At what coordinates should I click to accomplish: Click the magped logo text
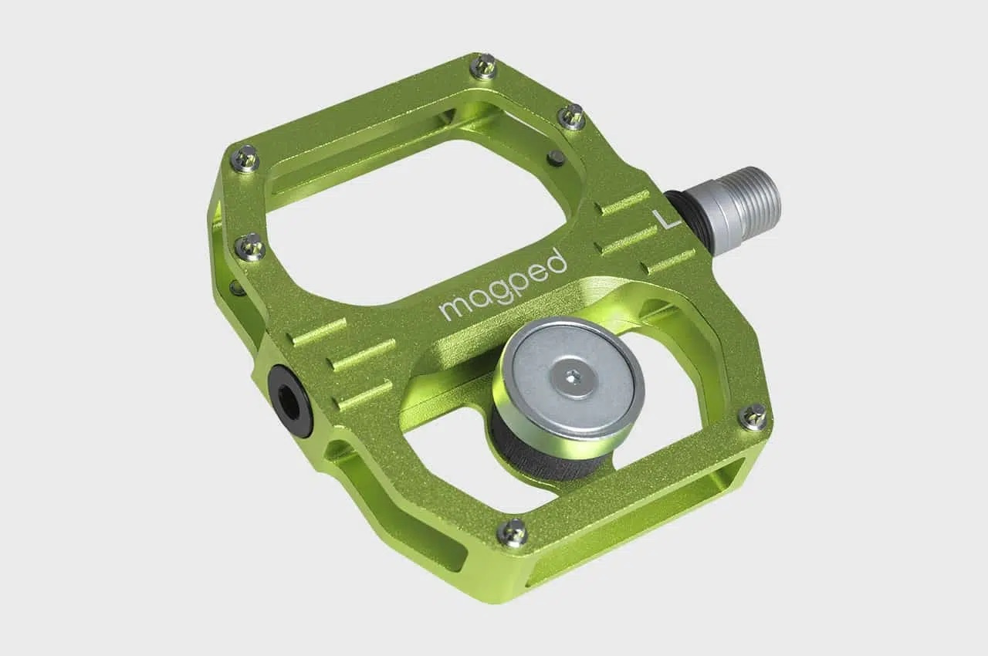pos(503,286)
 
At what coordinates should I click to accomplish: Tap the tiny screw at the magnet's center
pos(572,376)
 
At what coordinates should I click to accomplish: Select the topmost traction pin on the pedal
pos(483,66)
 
